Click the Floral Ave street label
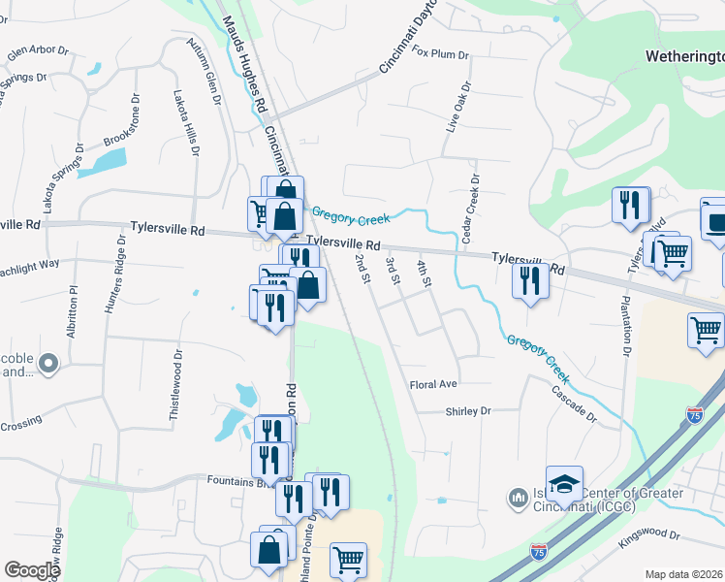point(432,384)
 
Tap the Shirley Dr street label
point(468,411)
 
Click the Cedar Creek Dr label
point(472,209)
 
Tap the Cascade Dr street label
point(574,403)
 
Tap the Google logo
point(32,570)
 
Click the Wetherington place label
point(684,57)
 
